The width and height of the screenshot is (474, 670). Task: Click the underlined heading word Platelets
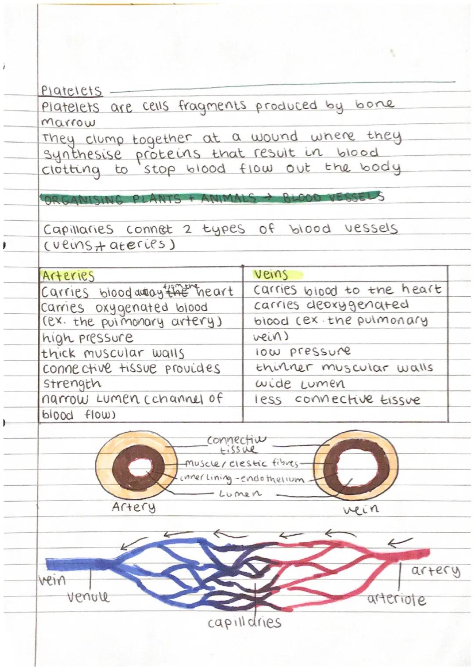(x=71, y=91)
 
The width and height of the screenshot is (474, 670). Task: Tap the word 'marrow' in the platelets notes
(x=68, y=122)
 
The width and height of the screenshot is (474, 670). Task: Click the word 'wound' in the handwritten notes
(x=274, y=137)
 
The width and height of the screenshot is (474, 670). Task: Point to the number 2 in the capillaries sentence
(x=187, y=229)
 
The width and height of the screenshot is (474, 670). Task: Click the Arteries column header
(x=68, y=276)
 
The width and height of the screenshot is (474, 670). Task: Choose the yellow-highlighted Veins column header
(x=271, y=275)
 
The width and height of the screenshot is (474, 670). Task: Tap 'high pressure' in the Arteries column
(x=87, y=338)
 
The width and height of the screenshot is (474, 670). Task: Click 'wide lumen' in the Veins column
(x=300, y=384)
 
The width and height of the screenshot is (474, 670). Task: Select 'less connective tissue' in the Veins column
(x=337, y=400)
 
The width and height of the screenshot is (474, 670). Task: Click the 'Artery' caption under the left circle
(x=133, y=507)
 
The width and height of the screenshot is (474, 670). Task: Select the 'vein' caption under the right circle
(x=360, y=509)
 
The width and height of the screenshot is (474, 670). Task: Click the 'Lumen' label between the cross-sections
(x=240, y=494)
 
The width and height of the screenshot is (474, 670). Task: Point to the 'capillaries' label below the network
(x=244, y=622)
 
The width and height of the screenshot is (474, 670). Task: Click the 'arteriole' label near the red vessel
(x=396, y=599)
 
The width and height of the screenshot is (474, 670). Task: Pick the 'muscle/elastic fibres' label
(x=241, y=463)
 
